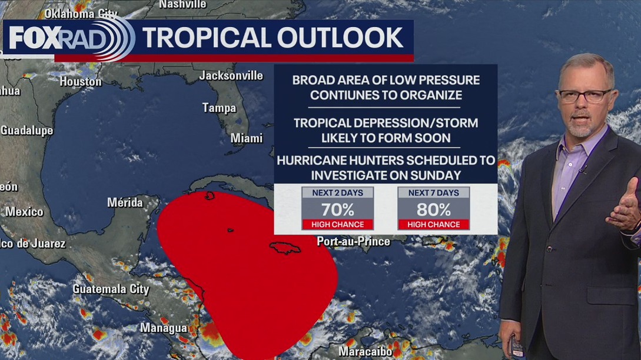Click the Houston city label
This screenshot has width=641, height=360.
point(81,82)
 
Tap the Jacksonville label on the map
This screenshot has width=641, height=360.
point(231,75)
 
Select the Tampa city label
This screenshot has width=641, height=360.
point(219,108)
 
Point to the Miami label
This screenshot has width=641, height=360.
point(247,138)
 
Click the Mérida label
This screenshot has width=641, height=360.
point(125,202)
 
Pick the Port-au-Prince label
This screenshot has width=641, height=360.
point(353,241)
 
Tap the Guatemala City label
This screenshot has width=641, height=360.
point(111,289)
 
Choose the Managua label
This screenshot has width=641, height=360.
point(164,328)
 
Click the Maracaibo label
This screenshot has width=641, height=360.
point(365,352)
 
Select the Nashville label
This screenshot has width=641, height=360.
point(182,4)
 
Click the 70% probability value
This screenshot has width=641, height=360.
point(337,209)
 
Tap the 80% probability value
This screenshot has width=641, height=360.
point(433,209)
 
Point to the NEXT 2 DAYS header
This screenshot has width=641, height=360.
point(337,193)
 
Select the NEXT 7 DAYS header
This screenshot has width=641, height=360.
point(433,193)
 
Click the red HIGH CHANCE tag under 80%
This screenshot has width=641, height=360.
point(433,224)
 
